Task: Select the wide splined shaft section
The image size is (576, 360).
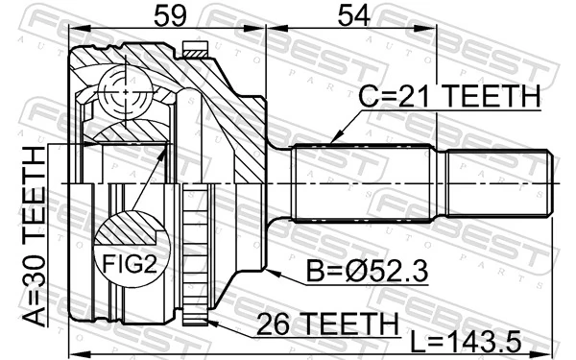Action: click(363, 182)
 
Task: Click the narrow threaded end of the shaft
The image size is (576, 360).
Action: click(493, 182)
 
